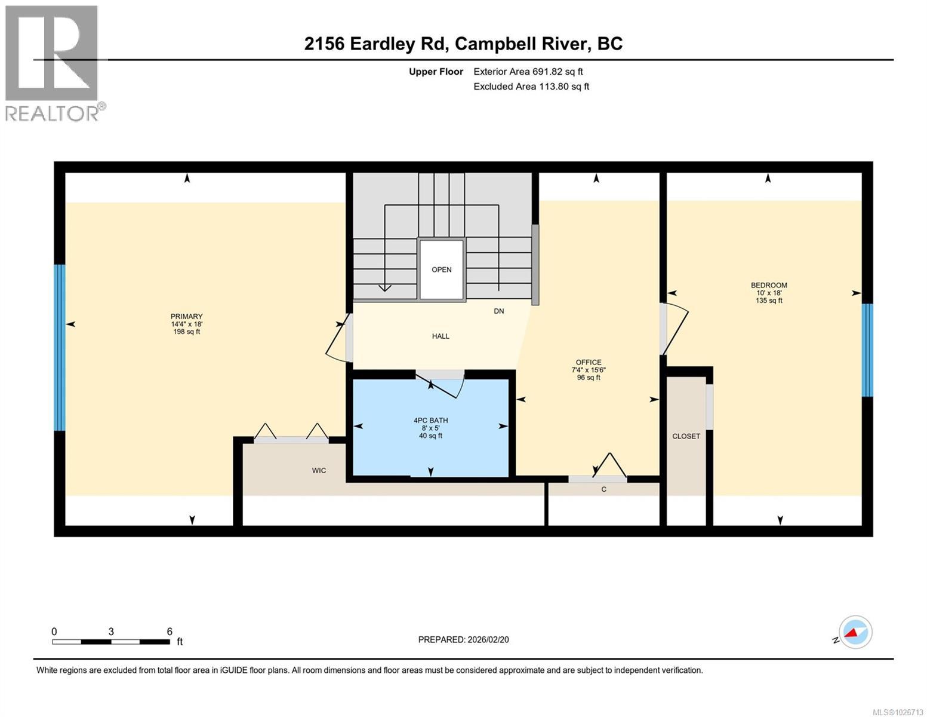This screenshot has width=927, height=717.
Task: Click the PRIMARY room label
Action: point(186,317)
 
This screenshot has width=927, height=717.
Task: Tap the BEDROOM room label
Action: point(769,286)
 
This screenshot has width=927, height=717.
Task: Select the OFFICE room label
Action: point(588,362)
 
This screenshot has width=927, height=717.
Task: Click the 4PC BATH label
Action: point(430,421)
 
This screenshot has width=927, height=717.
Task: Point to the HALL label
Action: point(441,336)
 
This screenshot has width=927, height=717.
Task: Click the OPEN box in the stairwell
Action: point(441,269)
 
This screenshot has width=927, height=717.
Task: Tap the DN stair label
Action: point(498,311)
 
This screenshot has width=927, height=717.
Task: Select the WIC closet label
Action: point(319,471)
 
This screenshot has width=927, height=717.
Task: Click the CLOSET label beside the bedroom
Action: point(686,436)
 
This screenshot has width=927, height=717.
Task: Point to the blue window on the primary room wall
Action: point(59,347)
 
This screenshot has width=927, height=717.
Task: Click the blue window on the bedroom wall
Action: point(867,350)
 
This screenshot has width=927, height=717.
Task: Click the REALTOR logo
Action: point(53,63)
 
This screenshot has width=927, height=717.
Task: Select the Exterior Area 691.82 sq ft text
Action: point(528,72)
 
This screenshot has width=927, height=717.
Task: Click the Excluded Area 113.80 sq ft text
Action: point(531,87)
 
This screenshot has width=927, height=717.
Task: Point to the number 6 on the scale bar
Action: point(170,632)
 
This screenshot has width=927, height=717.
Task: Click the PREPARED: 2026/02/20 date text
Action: point(463,640)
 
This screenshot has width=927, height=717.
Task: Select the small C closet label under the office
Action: point(603,489)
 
